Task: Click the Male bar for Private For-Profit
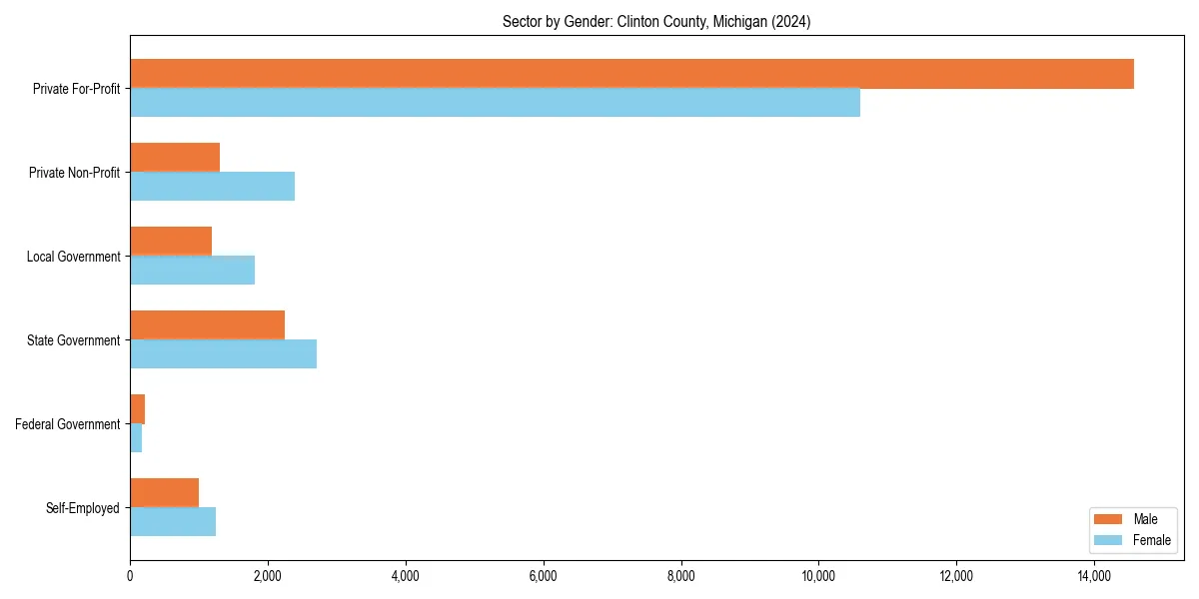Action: tap(631, 74)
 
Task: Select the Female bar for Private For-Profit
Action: tap(495, 103)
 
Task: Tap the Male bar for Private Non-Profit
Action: tap(175, 158)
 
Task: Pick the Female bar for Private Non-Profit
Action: tap(212, 187)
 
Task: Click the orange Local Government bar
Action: tap(171, 242)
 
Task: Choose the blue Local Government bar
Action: tap(192, 271)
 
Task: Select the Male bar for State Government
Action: tap(207, 325)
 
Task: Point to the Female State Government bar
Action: tap(223, 354)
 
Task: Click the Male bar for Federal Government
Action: tap(138, 409)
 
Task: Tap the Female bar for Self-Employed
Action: tap(173, 522)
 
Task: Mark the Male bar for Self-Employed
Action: tap(164, 493)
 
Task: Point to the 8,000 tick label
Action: tap(680, 576)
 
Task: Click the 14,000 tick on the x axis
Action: tap(1094, 576)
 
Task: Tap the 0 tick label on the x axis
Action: tap(130, 576)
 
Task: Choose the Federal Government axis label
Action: tap(68, 424)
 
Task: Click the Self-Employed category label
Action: tap(83, 508)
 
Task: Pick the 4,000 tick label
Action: tap(405, 576)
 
